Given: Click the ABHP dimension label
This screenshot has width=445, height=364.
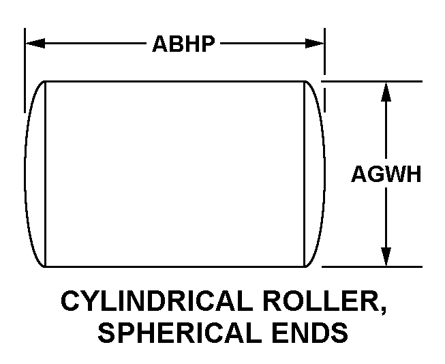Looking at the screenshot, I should [x=183, y=44].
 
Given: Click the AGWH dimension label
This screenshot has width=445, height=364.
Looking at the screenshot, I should [x=386, y=175].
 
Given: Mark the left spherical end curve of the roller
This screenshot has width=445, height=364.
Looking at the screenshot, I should [x=30, y=175].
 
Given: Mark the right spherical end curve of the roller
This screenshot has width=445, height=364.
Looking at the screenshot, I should [x=319, y=175].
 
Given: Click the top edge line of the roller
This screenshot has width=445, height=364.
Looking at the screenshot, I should [x=174, y=82].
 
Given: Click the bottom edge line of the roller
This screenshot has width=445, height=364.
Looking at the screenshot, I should [x=174, y=266].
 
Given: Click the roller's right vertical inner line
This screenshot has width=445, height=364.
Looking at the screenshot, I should [x=304, y=175].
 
